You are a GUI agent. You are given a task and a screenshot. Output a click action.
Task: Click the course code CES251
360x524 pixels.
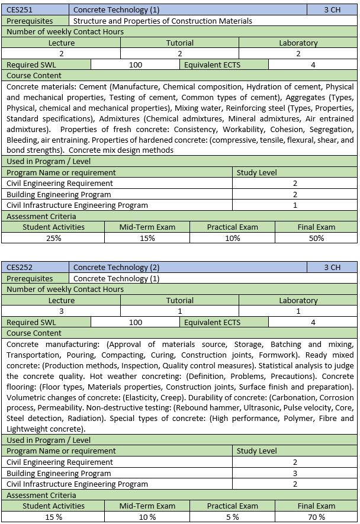tap(20, 10)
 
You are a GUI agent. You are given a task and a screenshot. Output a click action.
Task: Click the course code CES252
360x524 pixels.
tap(20, 268)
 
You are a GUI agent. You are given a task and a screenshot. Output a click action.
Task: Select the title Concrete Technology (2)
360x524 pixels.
tap(116, 268)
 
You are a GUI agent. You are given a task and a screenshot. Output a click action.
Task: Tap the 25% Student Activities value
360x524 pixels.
tap(53, 238)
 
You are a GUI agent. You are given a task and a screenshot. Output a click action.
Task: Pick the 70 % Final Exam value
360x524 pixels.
tap(316, 517)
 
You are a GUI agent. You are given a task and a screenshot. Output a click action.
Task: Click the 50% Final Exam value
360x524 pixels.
tap(316, 238)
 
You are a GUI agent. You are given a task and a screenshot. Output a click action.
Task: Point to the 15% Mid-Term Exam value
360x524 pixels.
tap(147, 238)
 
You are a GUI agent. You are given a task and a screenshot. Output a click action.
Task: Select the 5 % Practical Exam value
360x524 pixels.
tap(232, 517)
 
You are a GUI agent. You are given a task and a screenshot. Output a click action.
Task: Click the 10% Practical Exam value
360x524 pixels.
tap(232, 238)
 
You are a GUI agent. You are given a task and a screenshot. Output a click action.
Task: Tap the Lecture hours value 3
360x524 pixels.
tap(62, 311)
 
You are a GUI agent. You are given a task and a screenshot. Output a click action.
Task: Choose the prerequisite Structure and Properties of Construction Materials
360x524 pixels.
tap(163, 21)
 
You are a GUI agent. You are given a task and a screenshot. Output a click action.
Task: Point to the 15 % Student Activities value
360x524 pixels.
tap(53, 517)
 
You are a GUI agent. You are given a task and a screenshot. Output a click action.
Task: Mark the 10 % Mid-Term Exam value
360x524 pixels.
tap(147, 517)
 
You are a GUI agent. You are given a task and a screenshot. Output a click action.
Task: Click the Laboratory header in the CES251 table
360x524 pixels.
tap(298, 43)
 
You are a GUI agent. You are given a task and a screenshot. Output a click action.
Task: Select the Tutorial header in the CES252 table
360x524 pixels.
tap(179, 300)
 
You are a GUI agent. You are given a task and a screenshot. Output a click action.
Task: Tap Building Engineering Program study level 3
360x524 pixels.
tap(295, 473)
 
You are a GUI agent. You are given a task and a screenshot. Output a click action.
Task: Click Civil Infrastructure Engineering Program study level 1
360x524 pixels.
tap(295, 205)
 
